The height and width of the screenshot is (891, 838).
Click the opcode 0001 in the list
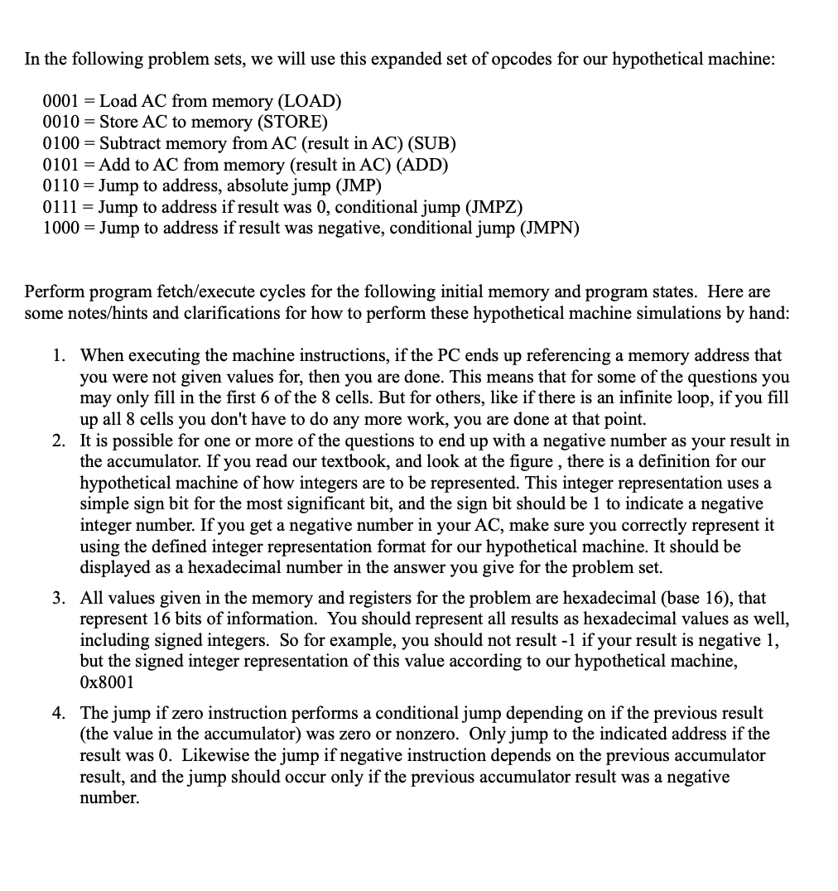[60, 101]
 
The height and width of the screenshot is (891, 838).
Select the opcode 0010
[60, 123]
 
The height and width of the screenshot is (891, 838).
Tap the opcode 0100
[60, 143]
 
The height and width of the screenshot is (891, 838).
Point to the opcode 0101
[60, 164]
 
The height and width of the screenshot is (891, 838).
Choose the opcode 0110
[60, 185]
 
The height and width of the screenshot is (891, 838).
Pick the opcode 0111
[60, 206]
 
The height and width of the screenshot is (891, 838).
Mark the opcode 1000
[60, 228]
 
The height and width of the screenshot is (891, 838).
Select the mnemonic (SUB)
[433, 143]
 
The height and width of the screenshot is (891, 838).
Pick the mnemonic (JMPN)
[550, 228]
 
